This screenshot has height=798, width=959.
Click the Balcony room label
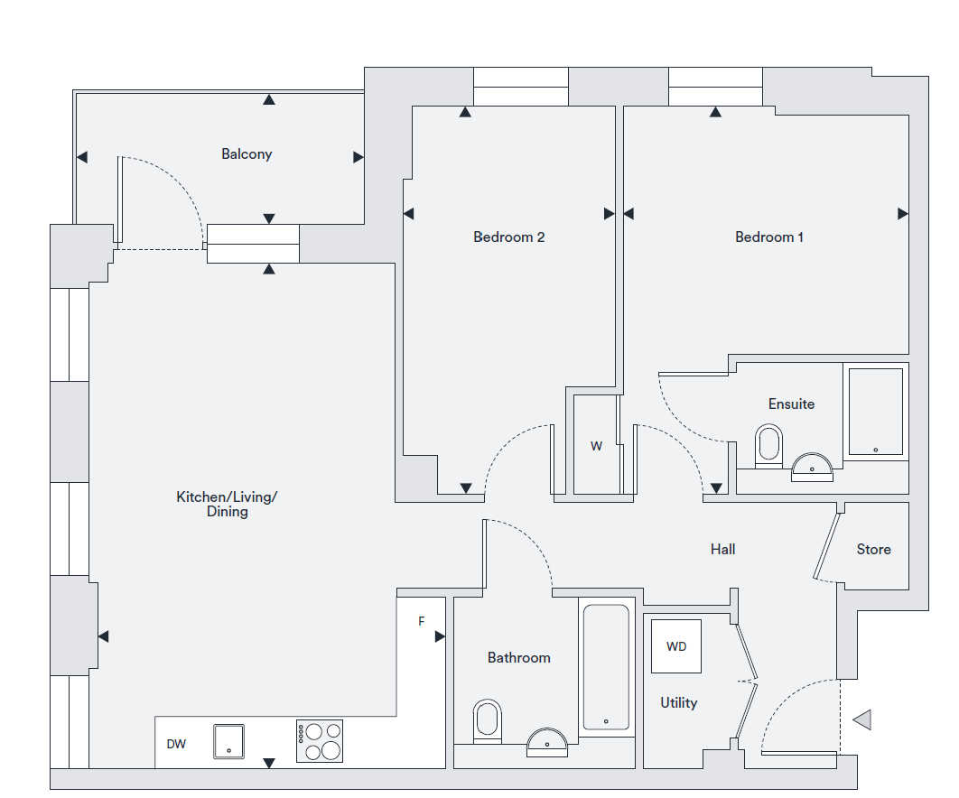point(247,154)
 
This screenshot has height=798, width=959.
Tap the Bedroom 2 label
point(508,237)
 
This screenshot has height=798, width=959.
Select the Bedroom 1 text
point(769,237)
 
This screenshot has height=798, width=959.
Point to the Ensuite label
point(791,404)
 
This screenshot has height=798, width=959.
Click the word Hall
point(722,549)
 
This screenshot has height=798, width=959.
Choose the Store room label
point(873,549)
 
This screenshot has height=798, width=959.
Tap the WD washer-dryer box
point(676,646)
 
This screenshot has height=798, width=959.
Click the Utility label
point(678,702)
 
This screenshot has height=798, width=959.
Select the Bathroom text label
point(518,657)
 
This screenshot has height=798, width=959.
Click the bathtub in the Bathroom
point(605,667)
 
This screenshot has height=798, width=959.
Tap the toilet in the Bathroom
point(487,720)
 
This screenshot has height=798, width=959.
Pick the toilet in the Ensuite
point(769,447)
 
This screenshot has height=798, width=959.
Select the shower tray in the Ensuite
point(875,411)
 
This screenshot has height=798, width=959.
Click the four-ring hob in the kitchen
point(320,741)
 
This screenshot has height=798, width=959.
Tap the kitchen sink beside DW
point(228,741)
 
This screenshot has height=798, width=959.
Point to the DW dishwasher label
point(176,744)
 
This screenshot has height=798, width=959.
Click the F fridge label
point(421,621)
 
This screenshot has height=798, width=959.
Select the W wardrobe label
point(596,446)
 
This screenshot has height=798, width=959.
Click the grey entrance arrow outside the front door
point(861,719)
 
